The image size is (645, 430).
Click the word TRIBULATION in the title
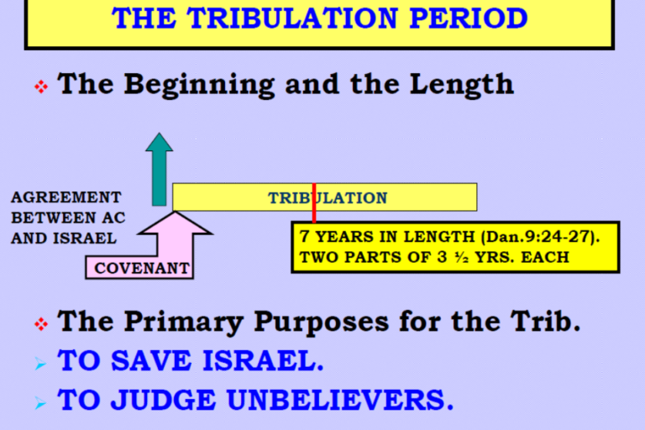pyautogui.click(x=292, y=18)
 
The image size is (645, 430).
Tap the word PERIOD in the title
pyautogui.click(x=469, y=18)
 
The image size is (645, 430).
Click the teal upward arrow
pyautogui.click(x=160, y=169)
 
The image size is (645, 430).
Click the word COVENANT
pyautogui.click(x=141, y=268)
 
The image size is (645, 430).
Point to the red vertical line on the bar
pyautogui.click(x=314, y=203)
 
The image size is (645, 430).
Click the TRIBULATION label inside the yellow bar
pyautogui.click(x=328, y=198)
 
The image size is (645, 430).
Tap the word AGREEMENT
pyautogui.click(x=66, y=197)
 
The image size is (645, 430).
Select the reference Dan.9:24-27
pyautogui.click(x=539, y=237)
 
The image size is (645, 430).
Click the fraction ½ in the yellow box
pyautogui.click(x=462, y=257)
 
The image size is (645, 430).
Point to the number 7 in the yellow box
pyautogui.click(x=304, y=236)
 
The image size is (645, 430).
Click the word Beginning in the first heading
pyautogui.click(x=199, y=85)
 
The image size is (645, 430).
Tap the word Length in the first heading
pyautogui.click(x=462, y=85)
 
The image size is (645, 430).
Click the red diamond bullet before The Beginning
pyautogui.click(x=41, y=87)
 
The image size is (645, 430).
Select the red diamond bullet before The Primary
pyautogui.click(x=41, y=324)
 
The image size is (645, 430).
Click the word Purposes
pyautogui.click(x=322, y=322)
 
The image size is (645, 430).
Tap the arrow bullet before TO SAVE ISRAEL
pyautogui.click(x=40, y=364)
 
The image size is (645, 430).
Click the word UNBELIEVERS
pyautogui.click(x=340, y=400)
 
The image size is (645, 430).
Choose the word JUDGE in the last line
pyautogui.click(x=164, y=400)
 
